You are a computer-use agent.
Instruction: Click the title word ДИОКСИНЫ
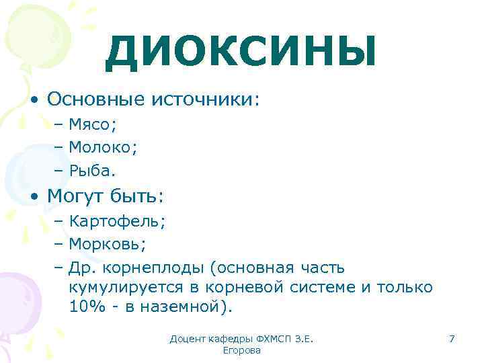click(241, 53)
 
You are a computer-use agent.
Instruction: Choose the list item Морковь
click(107, 244)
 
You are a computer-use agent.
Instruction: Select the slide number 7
click(452, 339)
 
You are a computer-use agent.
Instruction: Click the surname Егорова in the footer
click(241, 351)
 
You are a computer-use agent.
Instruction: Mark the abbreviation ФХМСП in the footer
click(273, 339)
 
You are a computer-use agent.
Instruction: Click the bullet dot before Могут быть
click(34, 196)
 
